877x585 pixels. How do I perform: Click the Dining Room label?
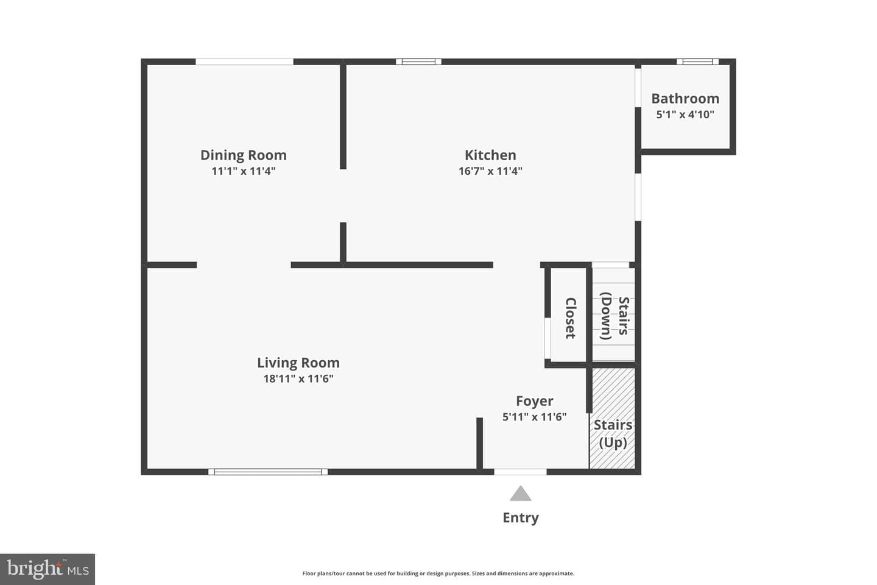point(244,155)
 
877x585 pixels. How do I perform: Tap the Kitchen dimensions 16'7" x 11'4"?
point(490,171)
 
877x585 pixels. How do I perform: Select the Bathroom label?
point(685,98)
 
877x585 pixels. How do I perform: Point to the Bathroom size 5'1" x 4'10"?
point(685,115)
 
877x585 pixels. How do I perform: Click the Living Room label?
point(298,363)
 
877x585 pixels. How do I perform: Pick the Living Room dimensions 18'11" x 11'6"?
point(298,379)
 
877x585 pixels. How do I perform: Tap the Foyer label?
point(535,401)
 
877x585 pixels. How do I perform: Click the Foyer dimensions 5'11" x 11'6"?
point(535,417)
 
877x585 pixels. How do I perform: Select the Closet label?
point(571,318)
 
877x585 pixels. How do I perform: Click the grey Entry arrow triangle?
point(520,494)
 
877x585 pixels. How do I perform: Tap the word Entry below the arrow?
point(521,517)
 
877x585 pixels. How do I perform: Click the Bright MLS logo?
point(48,569)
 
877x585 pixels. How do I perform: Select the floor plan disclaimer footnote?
point(438,573)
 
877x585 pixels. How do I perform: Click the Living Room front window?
point(268,472)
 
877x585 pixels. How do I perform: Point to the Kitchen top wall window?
point(418,62)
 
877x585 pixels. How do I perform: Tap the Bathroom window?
point(698,62)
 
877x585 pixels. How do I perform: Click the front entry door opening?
point(520,472)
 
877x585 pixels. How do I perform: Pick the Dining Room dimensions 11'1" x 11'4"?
point(244,171)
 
